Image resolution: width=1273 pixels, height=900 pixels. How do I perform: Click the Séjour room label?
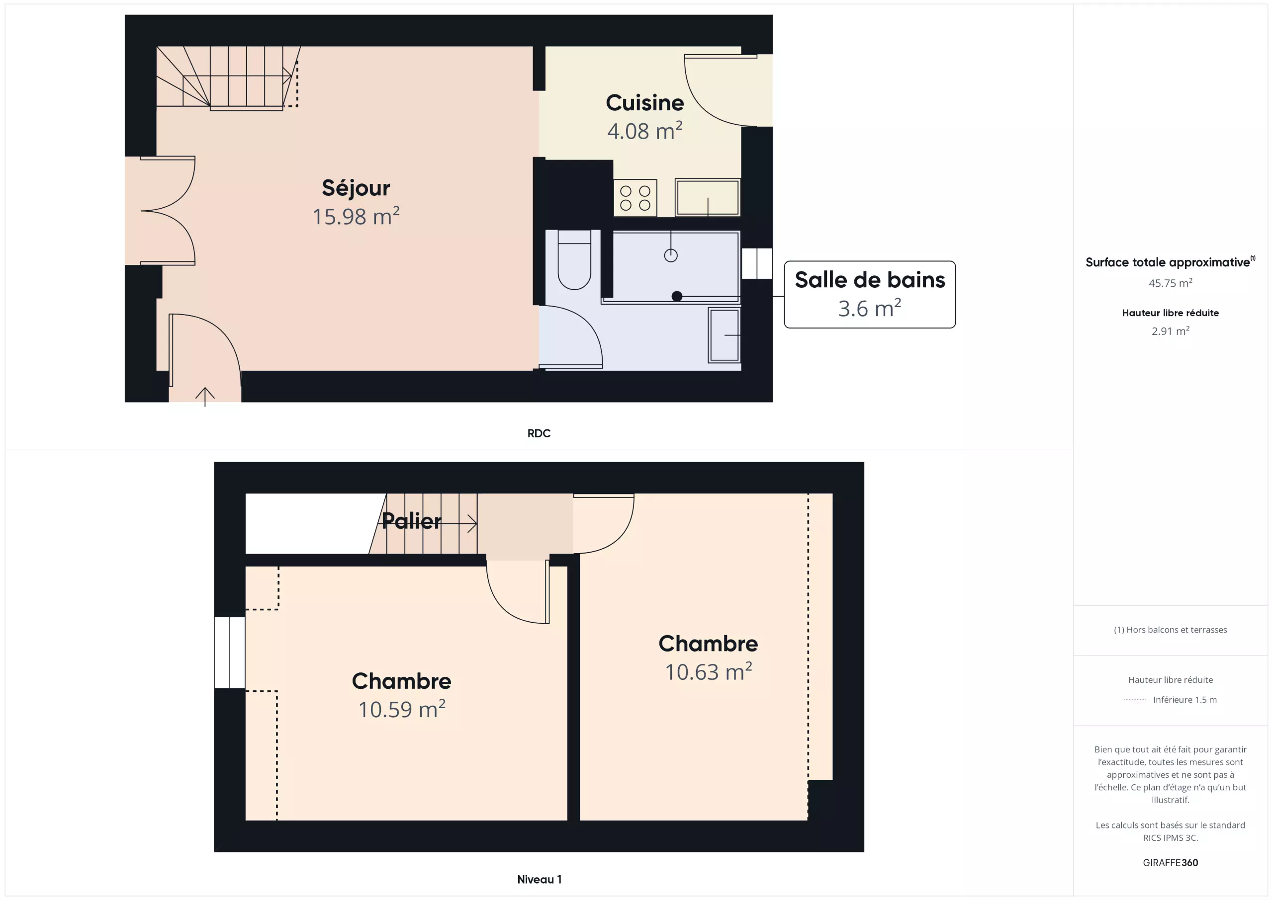356,188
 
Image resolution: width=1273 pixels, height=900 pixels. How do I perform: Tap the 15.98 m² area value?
356,216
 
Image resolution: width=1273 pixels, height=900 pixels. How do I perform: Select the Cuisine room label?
645,102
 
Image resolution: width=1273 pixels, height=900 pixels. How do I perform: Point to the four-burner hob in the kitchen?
636,198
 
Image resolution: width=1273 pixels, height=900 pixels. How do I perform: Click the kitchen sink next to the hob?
708,197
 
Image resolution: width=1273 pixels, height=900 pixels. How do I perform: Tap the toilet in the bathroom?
574,260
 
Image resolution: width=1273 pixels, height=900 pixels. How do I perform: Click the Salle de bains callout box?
869,294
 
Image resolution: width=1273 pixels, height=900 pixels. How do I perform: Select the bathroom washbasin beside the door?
724,335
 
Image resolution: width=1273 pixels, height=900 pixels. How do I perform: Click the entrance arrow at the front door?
205,397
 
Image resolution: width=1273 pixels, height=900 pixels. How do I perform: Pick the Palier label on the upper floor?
411,521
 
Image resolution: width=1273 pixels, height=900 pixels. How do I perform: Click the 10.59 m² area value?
401,709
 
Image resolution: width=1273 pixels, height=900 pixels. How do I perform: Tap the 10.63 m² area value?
708,672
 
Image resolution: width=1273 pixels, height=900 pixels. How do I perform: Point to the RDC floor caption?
539,433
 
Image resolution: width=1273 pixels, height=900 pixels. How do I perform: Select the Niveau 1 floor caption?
540,880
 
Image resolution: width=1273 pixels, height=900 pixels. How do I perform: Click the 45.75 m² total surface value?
1171,283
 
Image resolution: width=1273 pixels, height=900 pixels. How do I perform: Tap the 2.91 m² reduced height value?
1171,331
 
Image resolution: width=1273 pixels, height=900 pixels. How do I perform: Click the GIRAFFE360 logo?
1171,863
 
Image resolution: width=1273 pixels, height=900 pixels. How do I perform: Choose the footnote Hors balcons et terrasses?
1171,630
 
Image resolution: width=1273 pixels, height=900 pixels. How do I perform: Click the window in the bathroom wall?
757,263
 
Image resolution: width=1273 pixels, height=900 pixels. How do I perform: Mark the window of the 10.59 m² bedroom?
230,653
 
